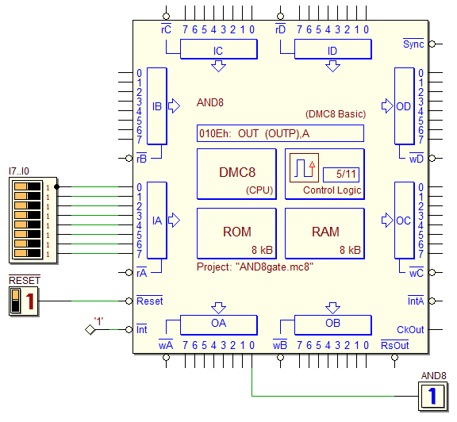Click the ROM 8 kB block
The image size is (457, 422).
pyautogui.click(x=236, y=233)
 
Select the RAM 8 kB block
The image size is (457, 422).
pyautogui.click(x=325, y=233)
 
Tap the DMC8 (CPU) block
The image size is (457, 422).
pyautogui.click(x=236, y=174)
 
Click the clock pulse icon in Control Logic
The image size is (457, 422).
pyautogui.click(x=304, y=168)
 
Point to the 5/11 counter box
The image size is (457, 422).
pyautogui.click(x=341, y=175)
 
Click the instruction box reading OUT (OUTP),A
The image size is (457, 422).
pyautogui.click(x=280, y=133)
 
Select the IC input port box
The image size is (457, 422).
pyautogui.click(x=219, y=49)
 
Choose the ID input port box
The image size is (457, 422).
pyautogui.click(x=333, y=49)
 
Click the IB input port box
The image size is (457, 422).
pyautogui.click(x=157, y=106)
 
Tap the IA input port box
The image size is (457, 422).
pyautogui.click(x=157, y=221)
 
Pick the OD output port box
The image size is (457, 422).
pyautogui.click(x=405, y=106)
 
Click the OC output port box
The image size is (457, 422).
pyautogui.click(x=405, y=221)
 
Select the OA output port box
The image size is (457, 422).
pyautogui.click(x=219, y=325)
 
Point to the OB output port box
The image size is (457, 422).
pyautogui.click(x=333, y=325)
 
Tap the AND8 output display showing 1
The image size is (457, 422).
pyautogui.click(x=432, y=396)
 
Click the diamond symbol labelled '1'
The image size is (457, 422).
pyautogui.click(x=90, y=330)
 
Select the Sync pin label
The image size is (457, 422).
pyautogui.click(x=413, y=44)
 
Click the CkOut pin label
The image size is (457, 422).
pyautogui.click(x=410, y=330)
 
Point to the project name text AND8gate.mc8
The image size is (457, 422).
pyautogui.click(x=276, y=267)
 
